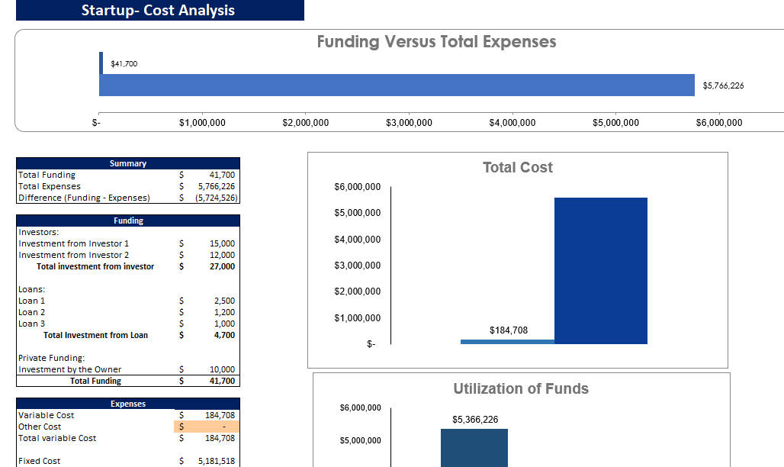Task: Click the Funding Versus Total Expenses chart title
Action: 436,42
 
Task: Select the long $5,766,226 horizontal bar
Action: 397,85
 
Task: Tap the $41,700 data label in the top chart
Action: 124,63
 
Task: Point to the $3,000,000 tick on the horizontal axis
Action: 409,123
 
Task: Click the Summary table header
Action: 128,163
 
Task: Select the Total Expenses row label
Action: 50,186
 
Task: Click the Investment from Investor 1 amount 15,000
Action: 222,243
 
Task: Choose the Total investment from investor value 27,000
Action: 222,266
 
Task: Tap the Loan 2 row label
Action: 32,312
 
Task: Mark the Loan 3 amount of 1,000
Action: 224,324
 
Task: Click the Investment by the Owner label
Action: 70,369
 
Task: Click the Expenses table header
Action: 128,404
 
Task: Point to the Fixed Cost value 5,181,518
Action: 215,461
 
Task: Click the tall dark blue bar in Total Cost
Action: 600,270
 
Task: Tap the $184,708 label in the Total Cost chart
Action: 507,330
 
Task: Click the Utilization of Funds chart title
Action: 521,388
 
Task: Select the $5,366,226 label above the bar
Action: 475,420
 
